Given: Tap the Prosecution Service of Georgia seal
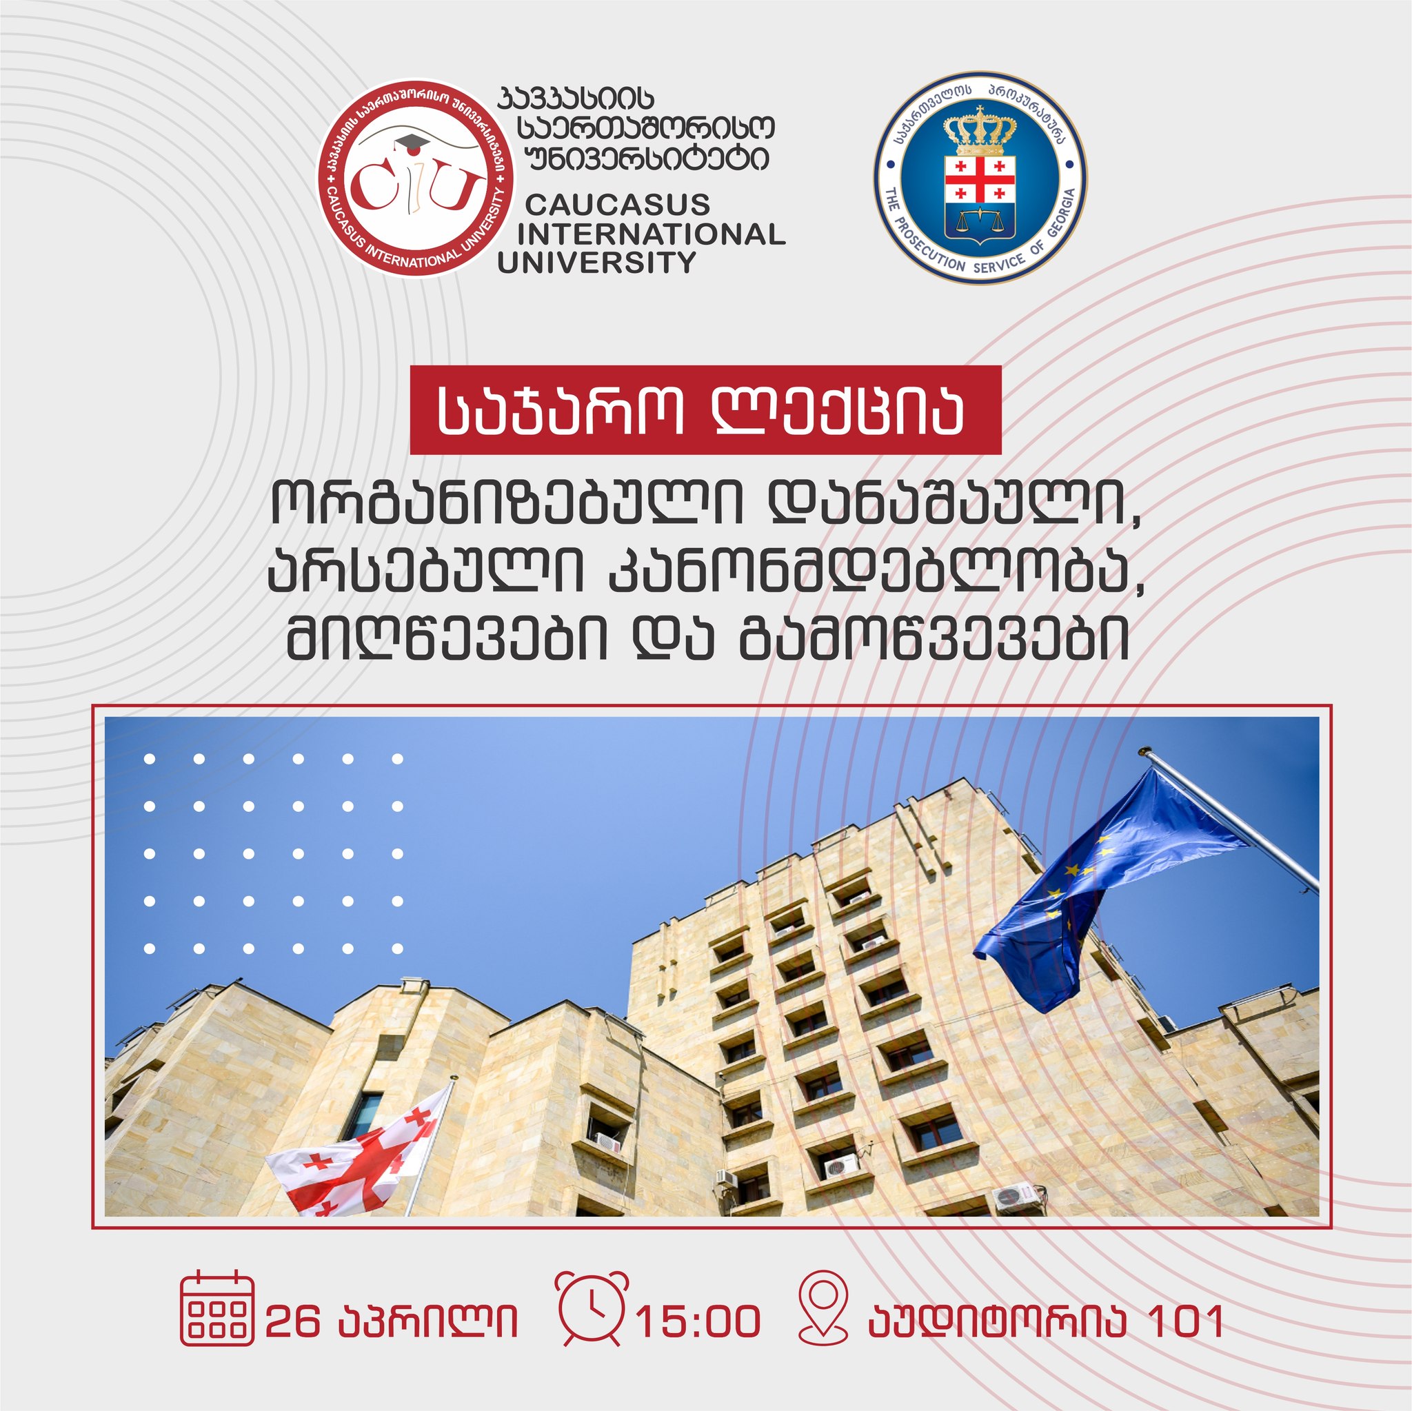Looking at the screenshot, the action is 980,178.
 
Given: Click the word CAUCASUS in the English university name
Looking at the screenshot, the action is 618,205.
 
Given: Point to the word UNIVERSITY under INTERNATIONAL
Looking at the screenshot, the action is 596,263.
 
